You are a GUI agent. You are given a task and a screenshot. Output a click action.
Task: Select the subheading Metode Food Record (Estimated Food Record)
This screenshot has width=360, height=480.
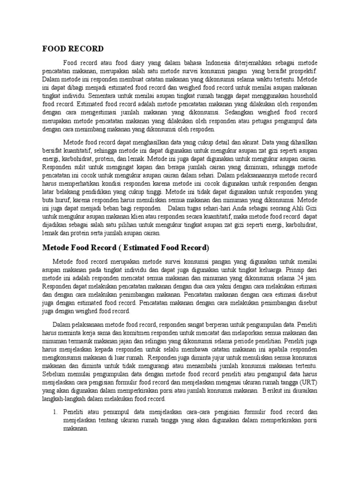(x=126, y=247)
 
